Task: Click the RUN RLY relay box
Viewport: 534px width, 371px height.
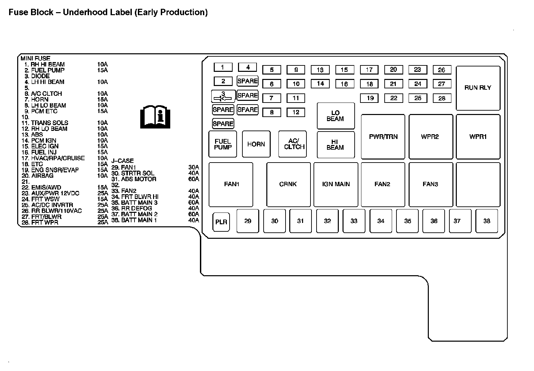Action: [478, 88]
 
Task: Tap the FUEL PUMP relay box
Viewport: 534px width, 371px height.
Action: [222, 144]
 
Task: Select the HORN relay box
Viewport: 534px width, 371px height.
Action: [256, 144]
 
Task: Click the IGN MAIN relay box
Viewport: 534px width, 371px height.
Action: [336, 184]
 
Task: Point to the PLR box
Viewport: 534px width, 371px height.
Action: [221, 222]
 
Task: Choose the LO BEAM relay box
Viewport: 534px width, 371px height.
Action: [335, 116]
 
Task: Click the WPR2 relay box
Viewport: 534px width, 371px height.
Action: [430, 137]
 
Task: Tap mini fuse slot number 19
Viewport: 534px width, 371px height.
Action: [370, 98]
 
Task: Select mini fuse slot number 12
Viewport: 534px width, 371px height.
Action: [296, 112]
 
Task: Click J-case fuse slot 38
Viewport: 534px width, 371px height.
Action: [486, 221]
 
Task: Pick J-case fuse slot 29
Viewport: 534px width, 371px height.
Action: [248, 221]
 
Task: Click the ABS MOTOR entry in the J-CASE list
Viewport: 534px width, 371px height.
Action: [138, 179]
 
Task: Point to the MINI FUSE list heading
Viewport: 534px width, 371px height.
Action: [35, 58]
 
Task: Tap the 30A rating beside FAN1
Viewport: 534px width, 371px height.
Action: [194, 168]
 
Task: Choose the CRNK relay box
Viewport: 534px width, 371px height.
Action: [288, 184]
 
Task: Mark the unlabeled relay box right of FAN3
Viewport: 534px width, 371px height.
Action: [478, 184]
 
